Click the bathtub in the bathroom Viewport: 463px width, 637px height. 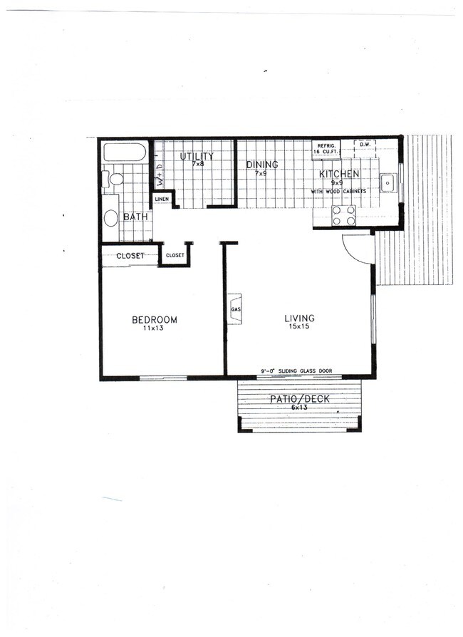[x=125, y=152]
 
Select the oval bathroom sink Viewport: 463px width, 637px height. [x=111, y=218]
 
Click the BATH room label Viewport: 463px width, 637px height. [x=135, y=217]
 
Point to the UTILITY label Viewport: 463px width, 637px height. [x=197, y=157]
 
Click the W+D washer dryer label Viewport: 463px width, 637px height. [x=160, y=174]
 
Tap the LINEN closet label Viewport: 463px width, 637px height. [x=162, y=199]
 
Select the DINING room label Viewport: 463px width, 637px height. [x=261, y=165]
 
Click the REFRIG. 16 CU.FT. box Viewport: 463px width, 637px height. [x=326, y=149]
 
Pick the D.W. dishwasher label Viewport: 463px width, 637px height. [x=365, y=145]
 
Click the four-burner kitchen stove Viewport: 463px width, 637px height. [x=344, y=215]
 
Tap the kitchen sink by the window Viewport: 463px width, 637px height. [x=387, y=183]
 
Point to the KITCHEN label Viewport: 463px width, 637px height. [x=338, y=175]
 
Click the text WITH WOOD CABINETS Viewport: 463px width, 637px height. [x=338, y=192]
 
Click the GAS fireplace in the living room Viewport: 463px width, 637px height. [x=235, y=310]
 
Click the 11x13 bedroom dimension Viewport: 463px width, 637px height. [x=154, y=328]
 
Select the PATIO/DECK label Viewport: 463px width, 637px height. [x=299, y=399]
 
